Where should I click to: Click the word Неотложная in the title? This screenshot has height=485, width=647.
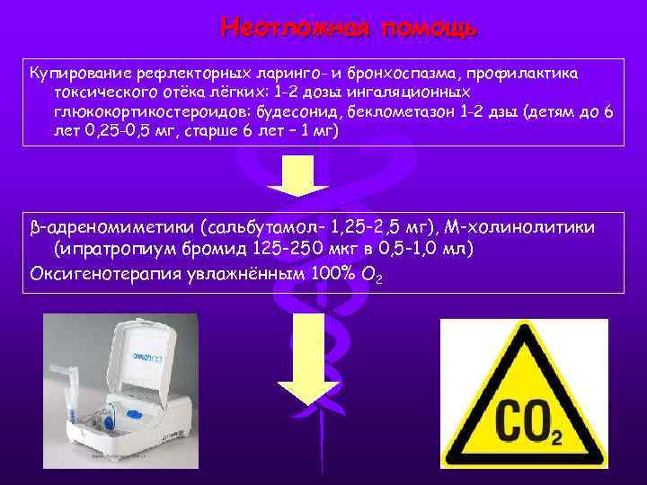click(x=296, y=28)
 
